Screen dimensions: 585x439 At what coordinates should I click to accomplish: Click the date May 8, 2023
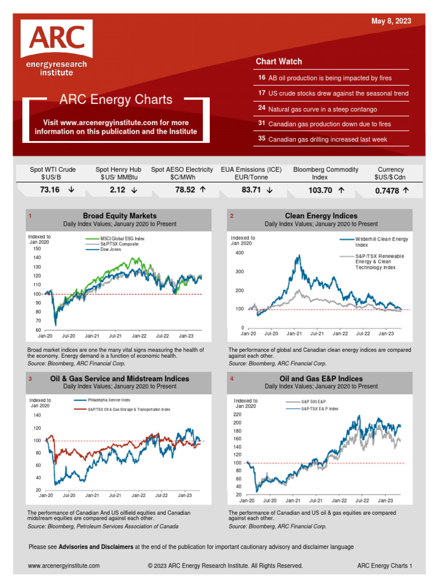pyautogui.click(x=391, y=21)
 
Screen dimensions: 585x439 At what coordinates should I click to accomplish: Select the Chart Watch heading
pyautogui.click(x=279, y=61)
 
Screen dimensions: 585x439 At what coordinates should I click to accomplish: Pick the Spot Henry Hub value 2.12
pyautogui.click(x=117, y=190)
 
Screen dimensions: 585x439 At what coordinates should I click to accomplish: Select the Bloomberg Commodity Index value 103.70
pyautogui.click(x=320, y=190)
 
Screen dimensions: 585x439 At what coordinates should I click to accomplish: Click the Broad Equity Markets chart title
pyautogui.click(x=119, y=216)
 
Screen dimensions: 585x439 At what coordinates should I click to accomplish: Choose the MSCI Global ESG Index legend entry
pyautogui.click(x=122, y=238)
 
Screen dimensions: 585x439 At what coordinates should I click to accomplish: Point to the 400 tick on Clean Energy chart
pyautogui.click(x=239, y=253)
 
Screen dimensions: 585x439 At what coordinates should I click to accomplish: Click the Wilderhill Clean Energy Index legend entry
pyautogui.click(x=382, y=242)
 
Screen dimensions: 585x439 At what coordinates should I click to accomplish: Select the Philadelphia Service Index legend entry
pyautogui.click(x=109, y=400)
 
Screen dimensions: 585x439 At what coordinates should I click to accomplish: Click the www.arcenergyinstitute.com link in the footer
pyautogui.click(x=63, y=566)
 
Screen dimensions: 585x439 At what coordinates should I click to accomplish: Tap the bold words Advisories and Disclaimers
pyautogui.click(x=96, y=547)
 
